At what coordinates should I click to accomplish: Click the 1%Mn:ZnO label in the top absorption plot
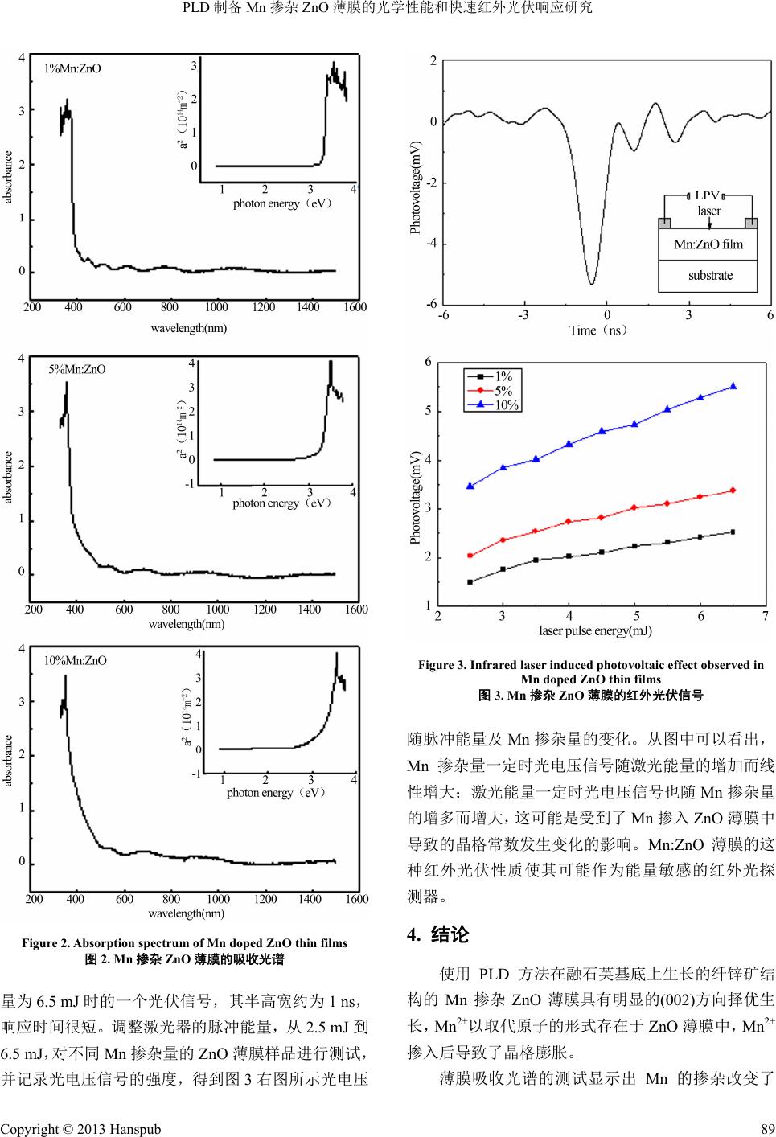click(x=72, y=68)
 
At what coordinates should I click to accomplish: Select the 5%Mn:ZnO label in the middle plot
click(x=77, y=370)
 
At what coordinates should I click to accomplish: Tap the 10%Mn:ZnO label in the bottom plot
click(x=75, y=660)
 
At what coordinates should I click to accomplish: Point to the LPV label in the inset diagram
click(x=707, y=195)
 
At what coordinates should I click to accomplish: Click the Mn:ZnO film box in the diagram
click(x=708, y=244)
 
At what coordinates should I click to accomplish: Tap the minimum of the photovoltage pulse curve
click(x=591, y=284)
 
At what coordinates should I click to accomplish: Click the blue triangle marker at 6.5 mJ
click(x=733, y=386)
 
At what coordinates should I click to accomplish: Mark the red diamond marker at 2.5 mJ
click(x=470, y=556)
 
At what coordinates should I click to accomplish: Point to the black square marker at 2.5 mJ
click(x=470, y=582)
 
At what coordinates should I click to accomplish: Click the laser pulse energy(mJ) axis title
click(x=595, y=630)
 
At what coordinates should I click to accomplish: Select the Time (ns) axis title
click(x=597, y=330)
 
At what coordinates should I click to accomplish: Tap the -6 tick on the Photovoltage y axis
click(x=432, y=303)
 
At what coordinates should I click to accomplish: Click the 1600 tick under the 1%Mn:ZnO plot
click(x=355, y=307)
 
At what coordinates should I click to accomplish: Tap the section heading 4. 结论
click(x=438, y=957)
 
